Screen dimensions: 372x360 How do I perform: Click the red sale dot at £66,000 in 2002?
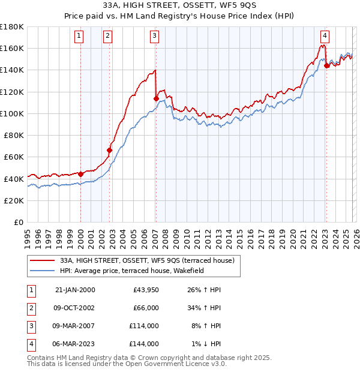pos(110,150)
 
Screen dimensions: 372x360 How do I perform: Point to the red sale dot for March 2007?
pos(156,98)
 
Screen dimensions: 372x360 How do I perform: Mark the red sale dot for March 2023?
pos(326,65)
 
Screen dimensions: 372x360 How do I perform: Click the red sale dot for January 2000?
pos(81,174)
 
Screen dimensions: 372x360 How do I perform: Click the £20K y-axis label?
pos(14,200)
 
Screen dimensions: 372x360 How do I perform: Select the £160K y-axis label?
pos(12,48)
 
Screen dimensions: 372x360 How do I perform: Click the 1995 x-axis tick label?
pos(27,234)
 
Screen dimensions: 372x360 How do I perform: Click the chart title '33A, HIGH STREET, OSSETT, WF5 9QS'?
pos(180,7)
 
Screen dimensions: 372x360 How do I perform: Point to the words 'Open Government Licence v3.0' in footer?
pos(176,364)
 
